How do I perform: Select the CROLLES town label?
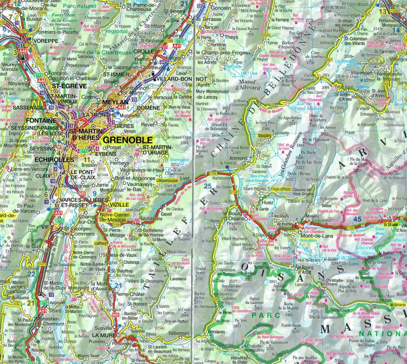coord(146,51)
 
